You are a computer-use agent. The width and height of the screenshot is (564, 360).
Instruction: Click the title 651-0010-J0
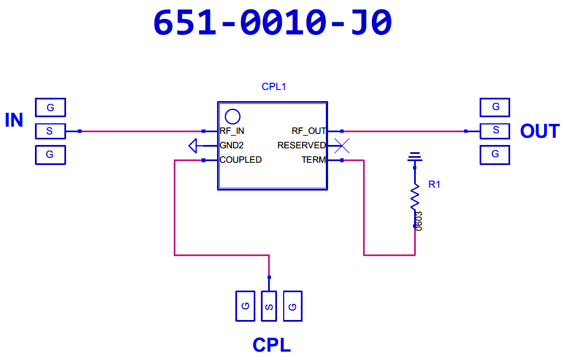[273, 23]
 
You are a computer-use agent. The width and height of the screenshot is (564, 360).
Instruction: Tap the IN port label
[14, 120]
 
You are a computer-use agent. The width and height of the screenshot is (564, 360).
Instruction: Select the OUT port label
[540, 131]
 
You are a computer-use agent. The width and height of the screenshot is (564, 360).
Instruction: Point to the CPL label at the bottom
[271, 345]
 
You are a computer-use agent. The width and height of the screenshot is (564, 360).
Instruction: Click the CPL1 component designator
[274, 87]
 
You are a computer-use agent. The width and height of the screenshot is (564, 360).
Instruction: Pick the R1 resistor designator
[434, 184]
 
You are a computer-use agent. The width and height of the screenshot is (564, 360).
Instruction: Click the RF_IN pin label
[232, 131]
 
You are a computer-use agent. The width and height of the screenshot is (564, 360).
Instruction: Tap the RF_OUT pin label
[309, 131]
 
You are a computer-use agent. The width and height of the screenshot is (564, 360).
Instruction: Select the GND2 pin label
[231, 146]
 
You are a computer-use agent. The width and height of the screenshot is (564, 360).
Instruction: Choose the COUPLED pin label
[240, 160]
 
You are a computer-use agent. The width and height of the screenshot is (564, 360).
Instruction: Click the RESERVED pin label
[301, 146]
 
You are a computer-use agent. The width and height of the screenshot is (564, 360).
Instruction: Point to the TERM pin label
[314, 160]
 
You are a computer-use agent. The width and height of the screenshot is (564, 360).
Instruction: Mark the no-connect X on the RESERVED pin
[342, 146]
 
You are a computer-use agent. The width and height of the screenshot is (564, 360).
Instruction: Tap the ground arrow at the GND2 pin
[193, 146]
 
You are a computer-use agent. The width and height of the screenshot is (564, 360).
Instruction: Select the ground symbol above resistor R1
[415, 157]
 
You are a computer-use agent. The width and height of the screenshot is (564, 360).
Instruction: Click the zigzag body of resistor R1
[415, 197]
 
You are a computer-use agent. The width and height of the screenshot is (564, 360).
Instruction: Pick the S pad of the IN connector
[51, 131]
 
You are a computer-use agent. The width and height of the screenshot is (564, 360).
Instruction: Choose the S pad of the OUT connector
[495, 131]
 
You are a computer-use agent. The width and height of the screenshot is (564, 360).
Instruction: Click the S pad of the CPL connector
[269, 306]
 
